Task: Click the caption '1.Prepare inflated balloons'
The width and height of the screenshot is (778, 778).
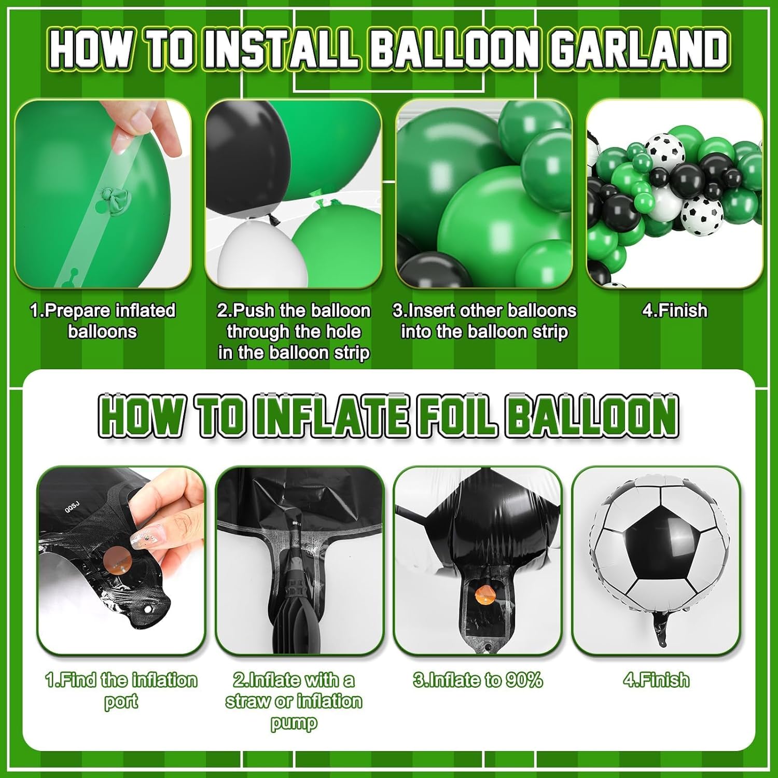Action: pyautogui.click(x=103, y=321)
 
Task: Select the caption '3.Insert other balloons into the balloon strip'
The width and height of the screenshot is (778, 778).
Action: pyautogui.click(x=484, y=321)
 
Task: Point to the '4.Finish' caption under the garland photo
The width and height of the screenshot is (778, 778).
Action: pyautogui.click(x=674, y=310)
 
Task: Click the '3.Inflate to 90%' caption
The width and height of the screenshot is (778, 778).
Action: pyautogui.click(x=478, y=679)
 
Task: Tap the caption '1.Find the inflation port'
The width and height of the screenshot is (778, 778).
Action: pyautogui.click(x=121, y=690)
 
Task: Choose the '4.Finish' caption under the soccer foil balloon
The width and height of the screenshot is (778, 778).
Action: pyautogui.click(x=656, y=679)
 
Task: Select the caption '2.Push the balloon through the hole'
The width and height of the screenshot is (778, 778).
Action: pyautogui.click(x=294, y=331)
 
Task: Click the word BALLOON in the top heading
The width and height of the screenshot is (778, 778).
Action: pyautogui.click(x=455, y=49)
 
